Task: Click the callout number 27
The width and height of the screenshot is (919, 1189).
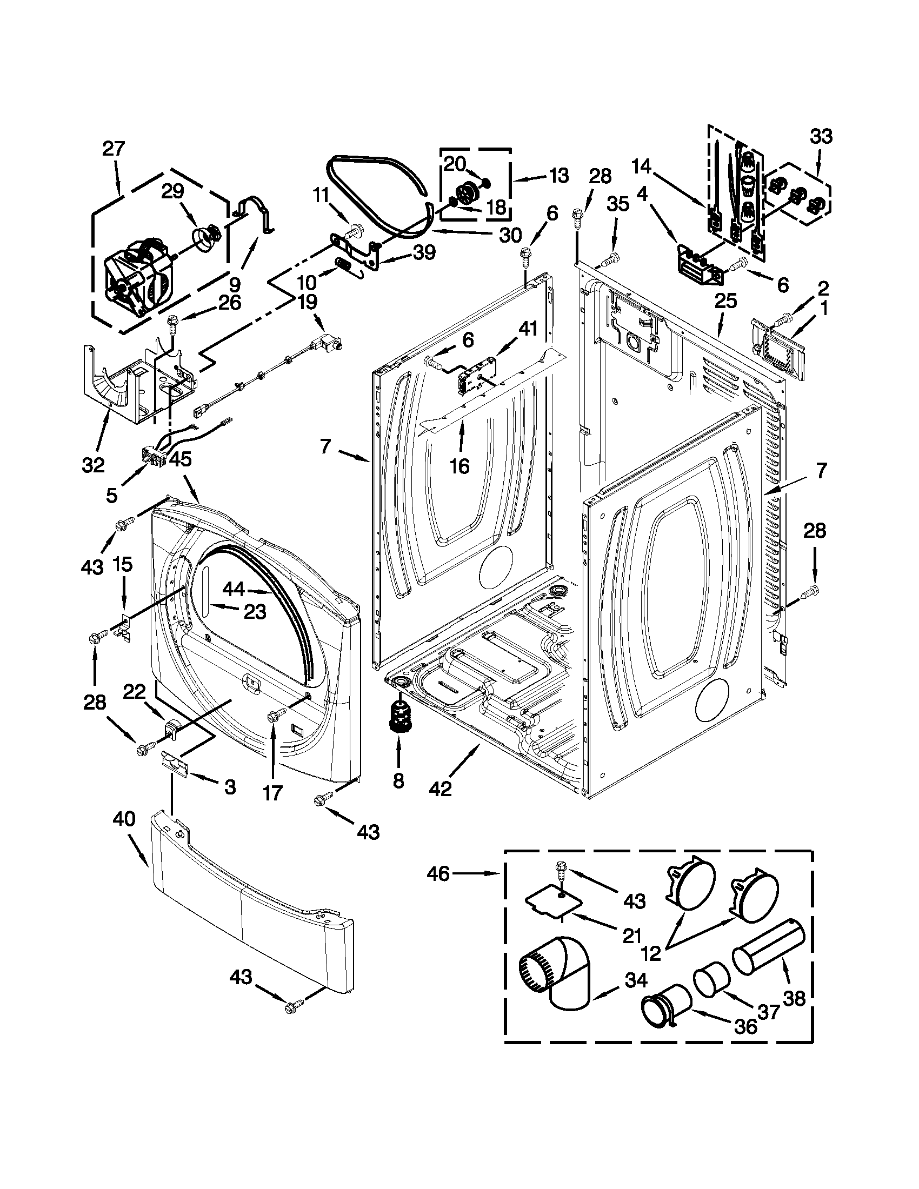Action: pyautogui.click(x=114, y=149)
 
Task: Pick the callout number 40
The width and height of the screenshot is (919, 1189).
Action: pyautogui.click(x=124, y=819)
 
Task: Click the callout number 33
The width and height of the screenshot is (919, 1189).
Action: pyautogui.click(x=821, y=136)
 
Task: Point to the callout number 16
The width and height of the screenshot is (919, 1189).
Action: pyautogui.click(x=459, y=465)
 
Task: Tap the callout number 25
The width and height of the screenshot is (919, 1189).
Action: pyautogui.click(x=725, y=300)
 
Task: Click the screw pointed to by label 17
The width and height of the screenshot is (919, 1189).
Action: pyautogui.click(x=274, y=714)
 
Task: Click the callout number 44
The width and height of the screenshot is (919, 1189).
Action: pyautogui.click(x=235, y=589)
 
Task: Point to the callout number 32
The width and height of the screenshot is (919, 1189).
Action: pyautogui.click(x=93, y=465)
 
